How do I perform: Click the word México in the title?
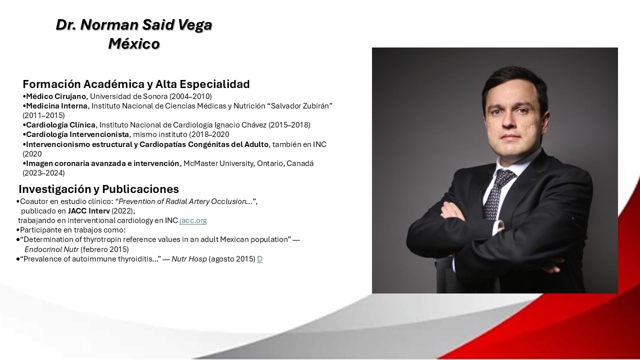click(x=134, y=43)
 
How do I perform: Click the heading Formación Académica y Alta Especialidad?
click(x=136, y=84)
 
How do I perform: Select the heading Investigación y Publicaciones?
click(x=99, y=189)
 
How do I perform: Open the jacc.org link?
click(x=193, y=220)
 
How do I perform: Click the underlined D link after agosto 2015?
click(x=259, y=259)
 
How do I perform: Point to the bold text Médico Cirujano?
click(x=56, y=96)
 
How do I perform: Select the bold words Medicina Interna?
click(x=57, y=106)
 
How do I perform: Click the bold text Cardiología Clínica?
click(x=61, y=125)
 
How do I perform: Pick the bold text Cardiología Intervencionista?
click(x=77, y=134)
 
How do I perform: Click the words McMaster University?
click(x=218, y=163)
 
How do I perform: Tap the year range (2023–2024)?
click(x=43, y=173)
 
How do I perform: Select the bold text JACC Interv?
click(x=89, y=211)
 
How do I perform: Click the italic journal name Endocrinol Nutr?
click(x=51, y=249)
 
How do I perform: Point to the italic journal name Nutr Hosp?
click(x=189, y=259)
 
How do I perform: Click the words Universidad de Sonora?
click(x=129, y=96)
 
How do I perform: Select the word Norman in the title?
click(x=109, y=25)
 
